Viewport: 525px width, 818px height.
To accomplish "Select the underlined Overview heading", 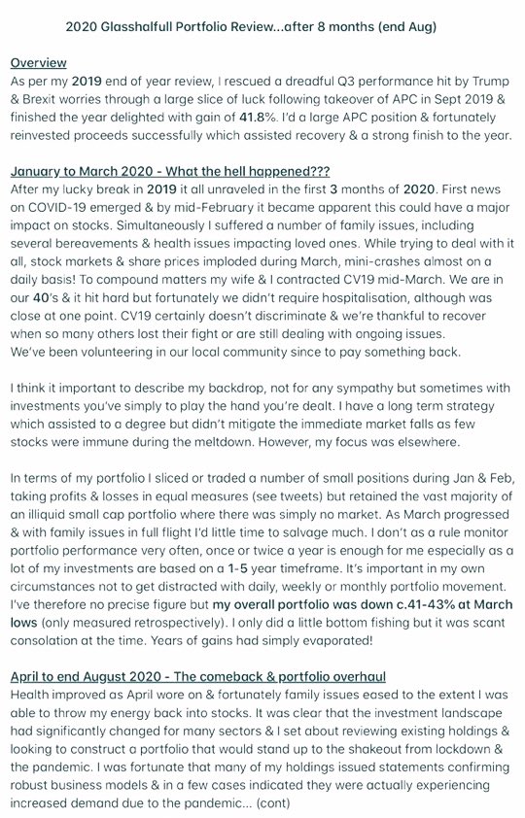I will pyautogui.click(x=38, y=63).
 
